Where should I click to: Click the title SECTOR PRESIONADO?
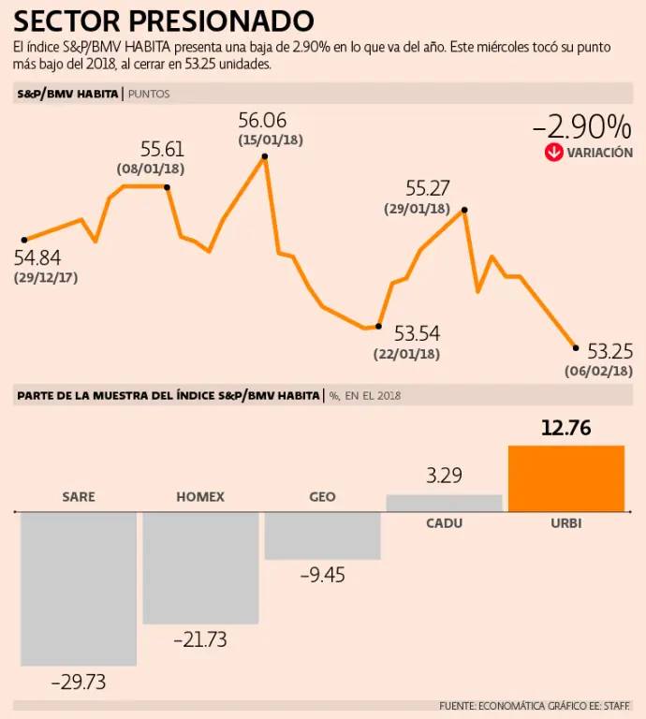pos(164,21)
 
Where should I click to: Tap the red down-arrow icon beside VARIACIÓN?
pos(553,153)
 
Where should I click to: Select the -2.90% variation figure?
pos(581,126)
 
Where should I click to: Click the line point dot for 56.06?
pos(265,157)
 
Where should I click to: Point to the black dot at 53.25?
pos(576,347)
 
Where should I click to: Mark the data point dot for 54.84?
pos(24,240)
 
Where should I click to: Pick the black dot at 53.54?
pos(378,326)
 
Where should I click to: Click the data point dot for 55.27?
pos(464,211)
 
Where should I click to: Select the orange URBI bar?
pos(565,478)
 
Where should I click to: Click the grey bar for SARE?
pos(79,589)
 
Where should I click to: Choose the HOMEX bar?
pos(200,567)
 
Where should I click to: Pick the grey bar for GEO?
pos(322,536)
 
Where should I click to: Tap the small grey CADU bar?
pos(444,504)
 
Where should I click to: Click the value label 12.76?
pos(566,429)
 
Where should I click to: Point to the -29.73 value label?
pos(78,682)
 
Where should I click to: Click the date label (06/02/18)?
pos(598,371)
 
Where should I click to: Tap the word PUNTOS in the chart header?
pos(149,94)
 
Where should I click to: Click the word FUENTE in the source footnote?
pos(457,705)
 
